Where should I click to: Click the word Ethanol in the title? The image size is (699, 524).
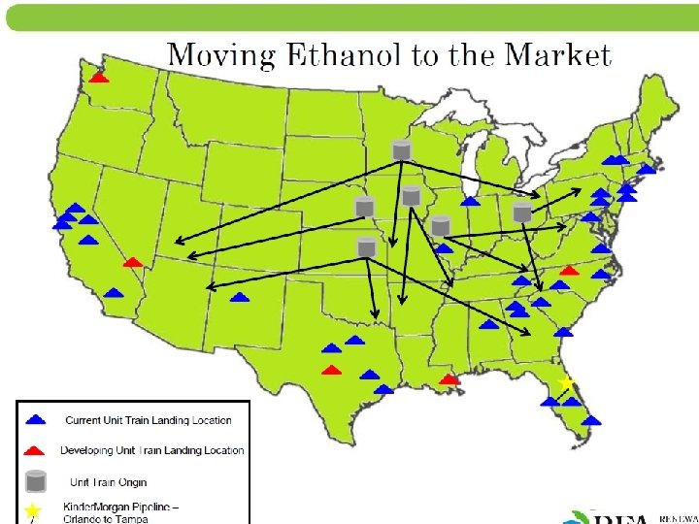click(x=345, y=55)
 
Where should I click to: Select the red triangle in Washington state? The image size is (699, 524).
click(x=99, y=77)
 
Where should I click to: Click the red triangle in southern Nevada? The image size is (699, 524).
click(x=133, y=261)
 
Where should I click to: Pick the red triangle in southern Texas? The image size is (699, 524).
click(x=332, y=370)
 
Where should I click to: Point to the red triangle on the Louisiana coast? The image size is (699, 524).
click(x=449, y=379)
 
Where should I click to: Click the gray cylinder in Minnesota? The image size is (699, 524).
click(x=400, y=150)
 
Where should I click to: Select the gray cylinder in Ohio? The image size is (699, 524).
click(x=522, y=212)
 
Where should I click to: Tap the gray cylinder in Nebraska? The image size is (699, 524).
click(x=364, y=207)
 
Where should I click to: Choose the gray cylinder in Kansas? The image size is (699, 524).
click(x=366, y=247)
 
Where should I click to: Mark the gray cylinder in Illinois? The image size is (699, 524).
click(x=441, y=226)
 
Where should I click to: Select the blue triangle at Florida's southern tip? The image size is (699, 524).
click(x=590, y=420)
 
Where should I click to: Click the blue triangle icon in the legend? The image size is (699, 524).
click(x=35, y=420)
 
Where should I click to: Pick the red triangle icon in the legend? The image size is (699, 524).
click(x=35, y=449)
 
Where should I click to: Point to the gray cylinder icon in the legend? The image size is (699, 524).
click(x=36, y=480)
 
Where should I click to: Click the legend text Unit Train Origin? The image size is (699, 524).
click(x=108, y=482)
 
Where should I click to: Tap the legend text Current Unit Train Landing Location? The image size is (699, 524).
click(x=149, y=420)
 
